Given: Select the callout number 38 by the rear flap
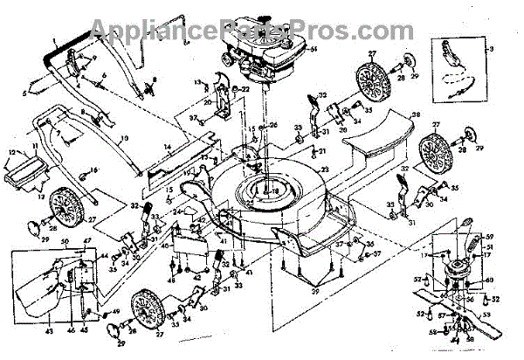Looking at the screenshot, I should point(416,114).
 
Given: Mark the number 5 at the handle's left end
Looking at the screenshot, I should point(25,90).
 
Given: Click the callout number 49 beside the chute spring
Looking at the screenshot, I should point(117,312).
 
